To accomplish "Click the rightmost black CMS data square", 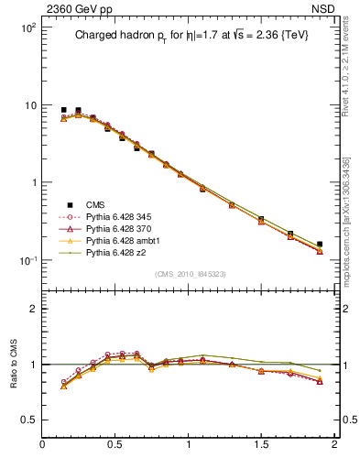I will (319, 245).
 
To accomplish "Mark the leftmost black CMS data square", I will (63, 110).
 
